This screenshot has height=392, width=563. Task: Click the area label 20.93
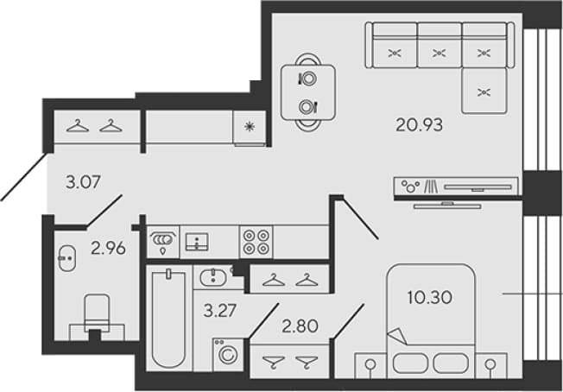point(419,125)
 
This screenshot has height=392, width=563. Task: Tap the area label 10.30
point(430,297)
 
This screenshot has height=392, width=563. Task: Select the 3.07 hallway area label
point(83,181)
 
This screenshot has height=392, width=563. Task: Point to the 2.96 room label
point(108,248)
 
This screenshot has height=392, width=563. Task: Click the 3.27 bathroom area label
point(219,311)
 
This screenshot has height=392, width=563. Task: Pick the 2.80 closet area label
point(300,326)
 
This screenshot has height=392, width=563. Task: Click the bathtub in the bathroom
point(168,318)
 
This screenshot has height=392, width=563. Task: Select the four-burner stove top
point(256,242)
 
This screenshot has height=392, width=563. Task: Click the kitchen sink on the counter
point(197,242)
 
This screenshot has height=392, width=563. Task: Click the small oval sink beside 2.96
point(67,258)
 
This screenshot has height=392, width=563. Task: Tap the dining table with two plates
point(308,92)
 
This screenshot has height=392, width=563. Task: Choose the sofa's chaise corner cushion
point(484,91)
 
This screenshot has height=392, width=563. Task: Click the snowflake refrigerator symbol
point(250,126)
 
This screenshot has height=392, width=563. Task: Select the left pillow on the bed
point(410,363)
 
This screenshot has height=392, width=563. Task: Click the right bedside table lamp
point(490,364)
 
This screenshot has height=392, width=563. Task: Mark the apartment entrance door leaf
point(23,177)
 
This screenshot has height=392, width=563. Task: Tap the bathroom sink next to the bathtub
point(213,278)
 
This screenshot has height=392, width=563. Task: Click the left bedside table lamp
point(370,364)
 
